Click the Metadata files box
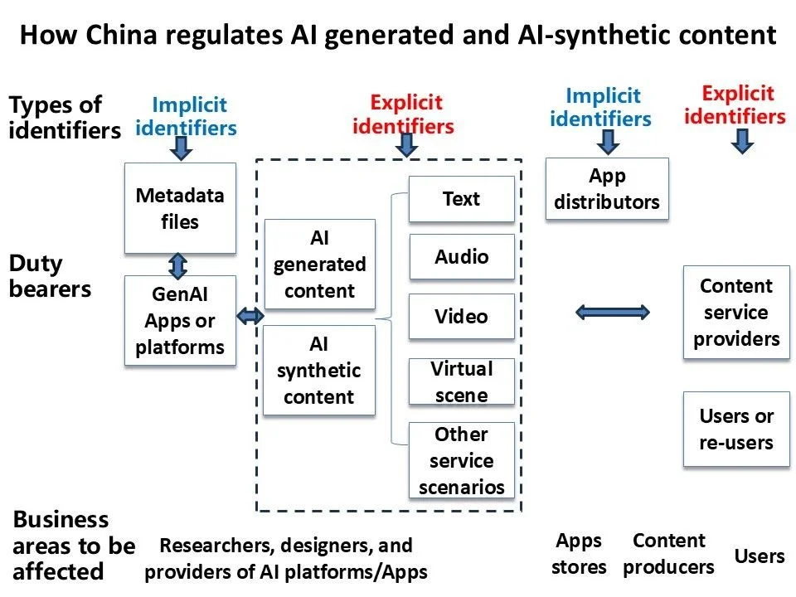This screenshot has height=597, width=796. tap(180, 208)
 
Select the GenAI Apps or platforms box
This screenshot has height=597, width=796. tap(180, 321)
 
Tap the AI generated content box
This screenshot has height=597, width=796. tap(319, 265)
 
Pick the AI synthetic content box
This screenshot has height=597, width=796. tap(319, 370)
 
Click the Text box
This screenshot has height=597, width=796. tap(461, 199)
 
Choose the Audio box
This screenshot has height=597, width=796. tap(461, 257)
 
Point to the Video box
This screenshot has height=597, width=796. tap(461, 316)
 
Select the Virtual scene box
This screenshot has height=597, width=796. tap(461, 381)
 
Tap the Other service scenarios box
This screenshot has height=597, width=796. tap(461, 460)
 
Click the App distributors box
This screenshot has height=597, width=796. tap(607, 189)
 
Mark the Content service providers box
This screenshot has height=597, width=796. tap(736, 313)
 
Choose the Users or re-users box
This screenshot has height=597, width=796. tap(736, 430)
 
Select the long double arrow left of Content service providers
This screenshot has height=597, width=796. tap(613, 312)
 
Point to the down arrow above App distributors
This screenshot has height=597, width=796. tap(608, 142)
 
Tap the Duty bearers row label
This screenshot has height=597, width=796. tap(50, 276)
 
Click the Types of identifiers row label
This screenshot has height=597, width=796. tap(64, 118)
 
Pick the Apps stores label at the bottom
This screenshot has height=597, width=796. tap(579, 554)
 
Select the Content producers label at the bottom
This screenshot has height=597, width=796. tap(668, 554)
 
